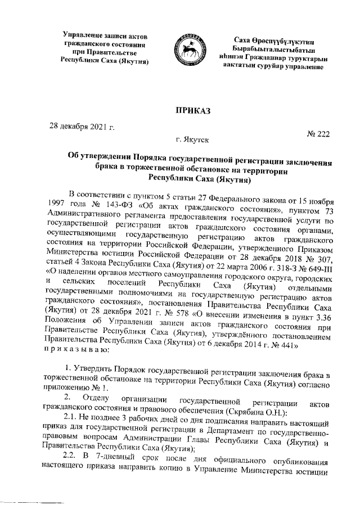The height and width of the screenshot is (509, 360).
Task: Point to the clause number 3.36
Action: click(319, 321)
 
